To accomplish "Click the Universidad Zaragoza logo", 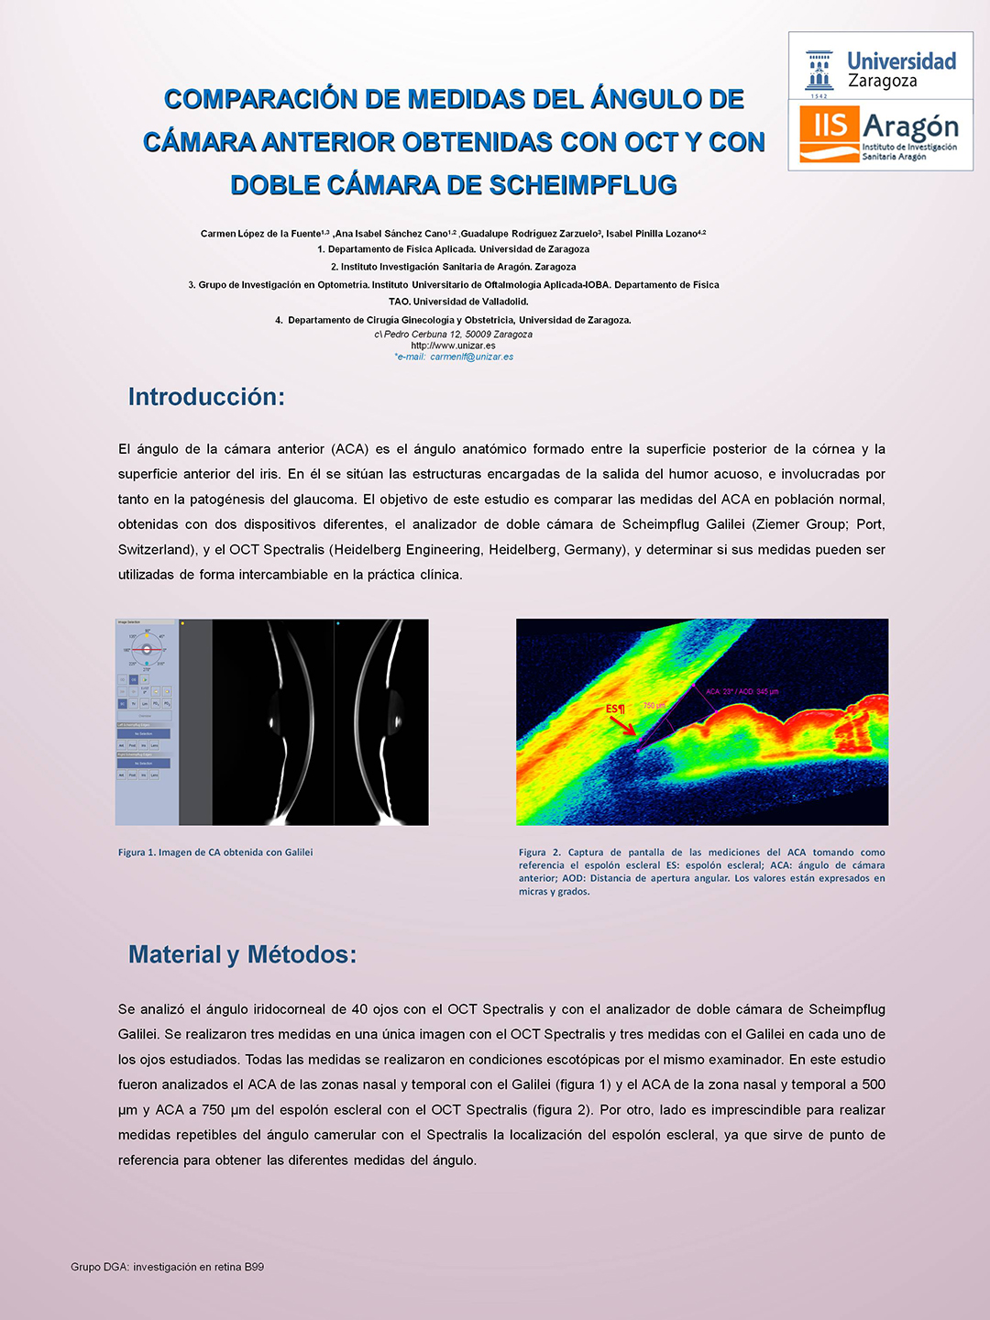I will point(880,68).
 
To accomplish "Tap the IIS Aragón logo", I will point(880,134).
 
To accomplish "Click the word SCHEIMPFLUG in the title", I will point(583,185).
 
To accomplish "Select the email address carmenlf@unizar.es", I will point(471,357).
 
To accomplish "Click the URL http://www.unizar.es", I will point(453,346).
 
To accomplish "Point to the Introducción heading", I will point(206,397).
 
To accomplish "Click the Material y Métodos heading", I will point(242,954).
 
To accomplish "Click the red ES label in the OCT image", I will point(614,709).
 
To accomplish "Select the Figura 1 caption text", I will point(215,852).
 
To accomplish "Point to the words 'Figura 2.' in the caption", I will point(540,852).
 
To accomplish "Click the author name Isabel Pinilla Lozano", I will point(653,234).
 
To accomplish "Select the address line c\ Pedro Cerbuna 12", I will point(453,335).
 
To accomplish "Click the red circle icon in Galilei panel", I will point(147,649).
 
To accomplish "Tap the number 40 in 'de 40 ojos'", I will point(359,1009).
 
